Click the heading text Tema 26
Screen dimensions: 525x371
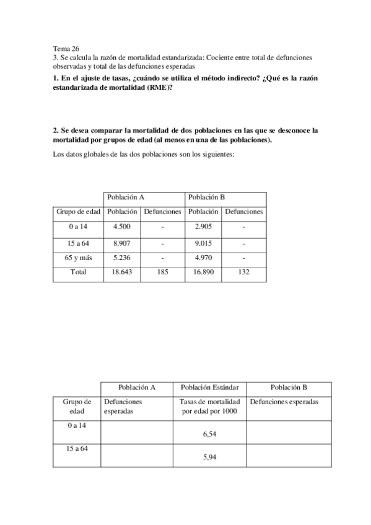(x=66, y=48)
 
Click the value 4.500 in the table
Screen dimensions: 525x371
(x=121, y=227)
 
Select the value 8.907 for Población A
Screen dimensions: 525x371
(x=121, y=243)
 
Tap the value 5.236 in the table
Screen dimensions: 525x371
(x=121, y=258)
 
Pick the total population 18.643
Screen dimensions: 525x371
(x=121, y=272)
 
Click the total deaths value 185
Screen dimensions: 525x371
(x=162, y=272)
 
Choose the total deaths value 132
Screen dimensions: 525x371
(x=244, y=272)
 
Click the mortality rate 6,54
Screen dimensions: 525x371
(x=210, y=435)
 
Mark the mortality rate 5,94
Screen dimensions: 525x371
(x=210, y=458)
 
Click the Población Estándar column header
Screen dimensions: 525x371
(x=210, y=388)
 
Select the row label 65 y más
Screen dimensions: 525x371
(x=78, y=258)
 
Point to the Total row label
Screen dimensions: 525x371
(x=78, y=272)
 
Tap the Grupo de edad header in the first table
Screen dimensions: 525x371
(x=78, y=212)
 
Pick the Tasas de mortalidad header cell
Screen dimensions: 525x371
(x=210, y=407)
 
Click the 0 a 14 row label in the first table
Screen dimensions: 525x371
(x=78, y=227)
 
